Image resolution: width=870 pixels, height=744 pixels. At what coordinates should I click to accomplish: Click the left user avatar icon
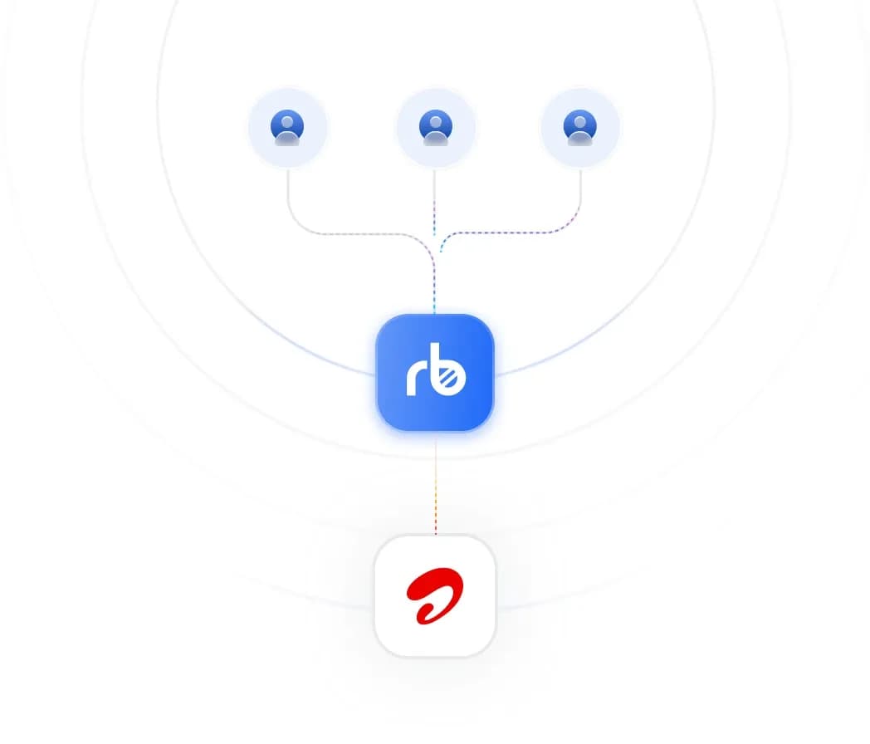point(287,128)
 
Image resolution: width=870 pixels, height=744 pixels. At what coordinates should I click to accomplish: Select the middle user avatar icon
point(436,128)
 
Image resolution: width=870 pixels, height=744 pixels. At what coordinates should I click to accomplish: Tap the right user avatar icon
point(579,128)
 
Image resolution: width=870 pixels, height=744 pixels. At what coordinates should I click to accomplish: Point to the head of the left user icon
point(287,121)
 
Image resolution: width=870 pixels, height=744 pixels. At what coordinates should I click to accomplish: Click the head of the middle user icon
point(436,121)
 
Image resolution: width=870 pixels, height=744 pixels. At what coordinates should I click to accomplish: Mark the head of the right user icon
point(579,121)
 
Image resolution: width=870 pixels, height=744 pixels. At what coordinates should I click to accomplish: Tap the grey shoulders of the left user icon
point(287,139)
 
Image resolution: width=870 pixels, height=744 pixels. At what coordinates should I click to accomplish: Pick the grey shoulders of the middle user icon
point(436,139)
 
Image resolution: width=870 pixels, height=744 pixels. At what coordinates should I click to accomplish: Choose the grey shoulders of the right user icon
point(579,139)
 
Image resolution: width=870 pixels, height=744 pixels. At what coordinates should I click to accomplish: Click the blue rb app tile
point(435,372)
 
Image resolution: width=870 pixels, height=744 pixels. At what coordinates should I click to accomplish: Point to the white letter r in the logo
point(417,379)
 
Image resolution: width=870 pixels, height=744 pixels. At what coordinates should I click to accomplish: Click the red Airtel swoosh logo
point(435,595)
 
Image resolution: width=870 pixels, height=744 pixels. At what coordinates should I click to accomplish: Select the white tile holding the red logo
point(435,596)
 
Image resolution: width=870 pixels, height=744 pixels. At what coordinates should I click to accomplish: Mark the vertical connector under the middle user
point(434,203)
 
